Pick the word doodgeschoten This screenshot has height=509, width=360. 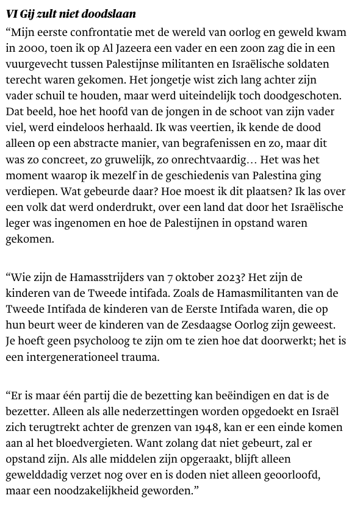(x=306, y=96)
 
